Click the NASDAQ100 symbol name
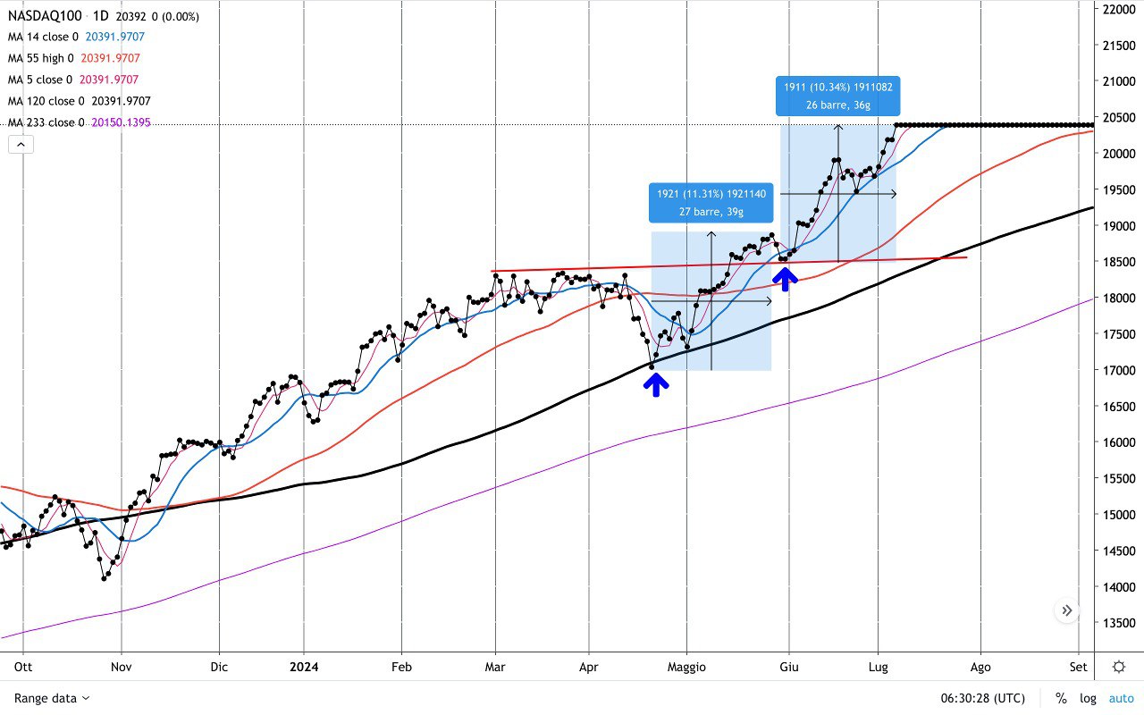[x=44, y=17]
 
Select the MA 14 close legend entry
[x=45, y=38]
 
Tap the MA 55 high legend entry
[x=42, y=59]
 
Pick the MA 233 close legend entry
[x=46, y=122]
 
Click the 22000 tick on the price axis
[x=1118, y=9]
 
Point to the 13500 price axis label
[x=1118, y=623]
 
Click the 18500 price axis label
[x=1118, y=262]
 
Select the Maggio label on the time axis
[x=686, y=667]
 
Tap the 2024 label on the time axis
[x=303, y=667]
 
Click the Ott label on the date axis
[x=23, y=667]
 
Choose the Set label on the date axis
[x=1079, y=667]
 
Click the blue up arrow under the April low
[x=656, y=384]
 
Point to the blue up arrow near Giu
[x=786, y=279]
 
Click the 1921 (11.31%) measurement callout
[x=711, y=203]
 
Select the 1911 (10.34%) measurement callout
[x=837, y=96]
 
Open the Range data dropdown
[x=52, y=698]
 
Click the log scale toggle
[x=1087, y=698]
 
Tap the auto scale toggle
[x=1121, y=698]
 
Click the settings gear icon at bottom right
[x=1119, y=667]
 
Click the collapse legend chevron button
[x=21, y=144]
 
